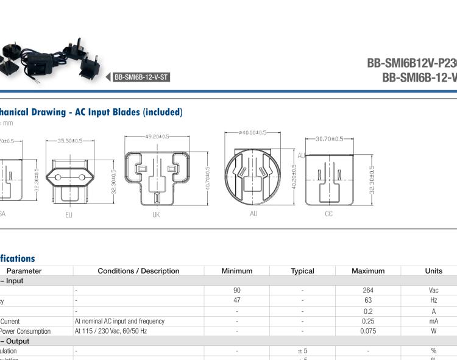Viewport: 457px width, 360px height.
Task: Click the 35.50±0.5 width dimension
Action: click(x=70, y=141)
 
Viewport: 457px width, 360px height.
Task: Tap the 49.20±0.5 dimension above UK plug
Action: click(x=157, y=136)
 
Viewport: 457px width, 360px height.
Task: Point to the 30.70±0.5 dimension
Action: click(x=329, y=139)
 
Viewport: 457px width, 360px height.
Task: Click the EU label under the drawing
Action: click(x=69, y=215)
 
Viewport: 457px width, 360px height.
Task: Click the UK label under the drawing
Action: click(x=156, y=215)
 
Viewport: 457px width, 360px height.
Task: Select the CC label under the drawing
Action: click(x=328, y=214)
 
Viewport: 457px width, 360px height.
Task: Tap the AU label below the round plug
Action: click(x=253, y=214)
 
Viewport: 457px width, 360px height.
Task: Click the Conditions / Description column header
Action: click(x=138, y=271)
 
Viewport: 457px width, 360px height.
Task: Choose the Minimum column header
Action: click(x=237, y=271)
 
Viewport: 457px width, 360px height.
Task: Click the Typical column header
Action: click(x=302, y=271)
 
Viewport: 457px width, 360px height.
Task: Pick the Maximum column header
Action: click(x=368, y=271)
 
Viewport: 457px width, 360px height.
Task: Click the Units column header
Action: click(x=434, y=271)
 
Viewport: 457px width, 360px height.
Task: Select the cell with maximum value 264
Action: click(x=368, y=291)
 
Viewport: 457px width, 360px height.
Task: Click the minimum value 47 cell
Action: click(x=237, y=300)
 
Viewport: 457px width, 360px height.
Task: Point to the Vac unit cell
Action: click(x=434, y=291)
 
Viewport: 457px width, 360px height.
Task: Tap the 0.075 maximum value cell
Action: click(x=368, y=331)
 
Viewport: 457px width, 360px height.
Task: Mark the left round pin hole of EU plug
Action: click(x=58, y=177)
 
